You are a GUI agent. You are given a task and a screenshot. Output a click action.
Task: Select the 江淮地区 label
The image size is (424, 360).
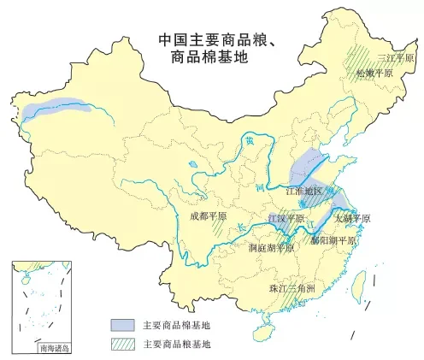304,191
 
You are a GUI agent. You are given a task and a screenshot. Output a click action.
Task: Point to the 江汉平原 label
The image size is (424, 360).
286,219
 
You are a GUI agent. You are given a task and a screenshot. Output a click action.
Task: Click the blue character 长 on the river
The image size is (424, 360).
241,227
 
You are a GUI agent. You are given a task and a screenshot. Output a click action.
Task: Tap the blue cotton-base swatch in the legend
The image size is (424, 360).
121,325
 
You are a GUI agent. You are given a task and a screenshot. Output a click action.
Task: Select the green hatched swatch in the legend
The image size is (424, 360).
121,344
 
